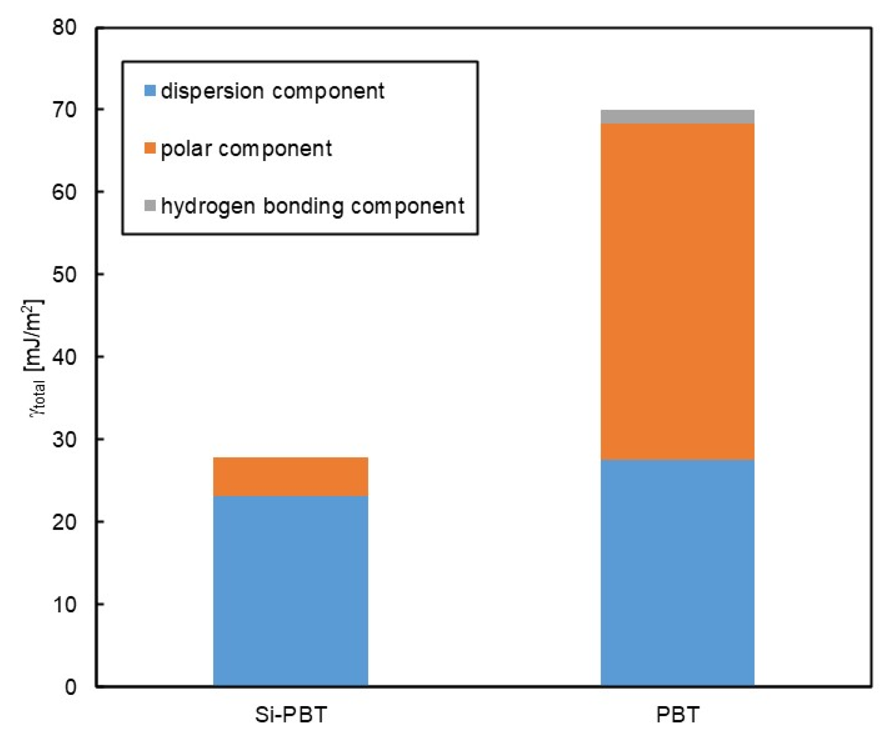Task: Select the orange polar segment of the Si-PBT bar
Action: [290, 476]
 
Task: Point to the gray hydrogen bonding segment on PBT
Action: [677, 117]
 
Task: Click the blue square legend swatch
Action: [150, 90]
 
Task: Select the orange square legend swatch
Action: [150, 148]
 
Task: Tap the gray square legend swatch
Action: [150, 206]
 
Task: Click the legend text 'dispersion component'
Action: [272, 91]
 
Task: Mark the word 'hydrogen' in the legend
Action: [207, 206]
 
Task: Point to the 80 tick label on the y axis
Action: [65, 28]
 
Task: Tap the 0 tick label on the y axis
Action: [71, 687]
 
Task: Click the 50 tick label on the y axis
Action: [65, 274]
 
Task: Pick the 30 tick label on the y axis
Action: [65, 439]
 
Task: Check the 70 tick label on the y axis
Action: [65, 110]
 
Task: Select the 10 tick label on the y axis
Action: [65, 604]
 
